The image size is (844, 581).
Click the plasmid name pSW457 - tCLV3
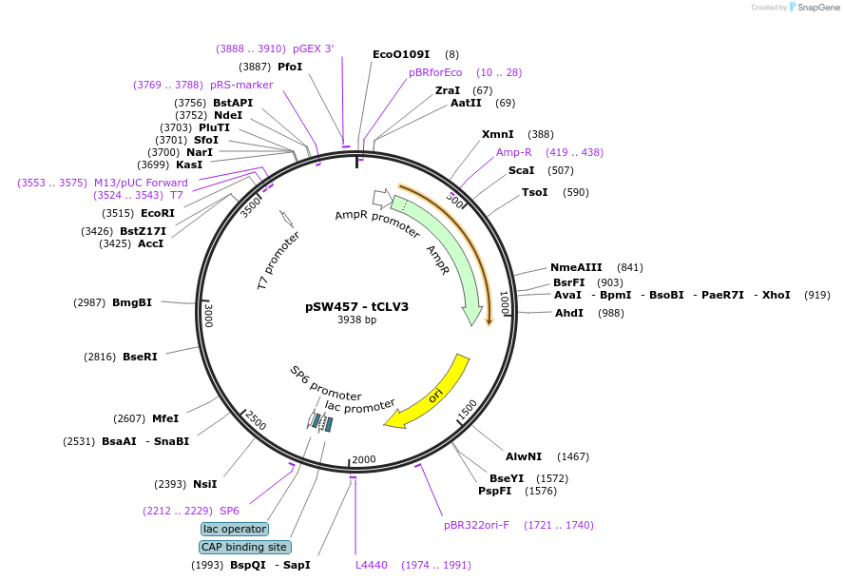(356, 307)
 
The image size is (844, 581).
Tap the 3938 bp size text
(356, 320)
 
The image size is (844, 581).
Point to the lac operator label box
(235, 529)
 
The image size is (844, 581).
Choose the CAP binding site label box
(244, 547)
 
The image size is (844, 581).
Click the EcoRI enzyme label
(158, 213)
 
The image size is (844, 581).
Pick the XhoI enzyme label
(776, 295)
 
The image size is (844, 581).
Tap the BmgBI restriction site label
(132, 302)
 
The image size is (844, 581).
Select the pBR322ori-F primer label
(476, 525)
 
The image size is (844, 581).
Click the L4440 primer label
(372, 565)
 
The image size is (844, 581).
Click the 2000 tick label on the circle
(364, 459)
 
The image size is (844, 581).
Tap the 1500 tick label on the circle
(468, 409)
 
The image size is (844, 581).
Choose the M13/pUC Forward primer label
(141, 183)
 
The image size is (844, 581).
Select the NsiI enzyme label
(205, 484)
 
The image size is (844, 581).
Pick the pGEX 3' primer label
(313, 48)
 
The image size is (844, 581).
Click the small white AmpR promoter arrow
(382, 199)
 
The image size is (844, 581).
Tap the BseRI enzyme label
(140, 357)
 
